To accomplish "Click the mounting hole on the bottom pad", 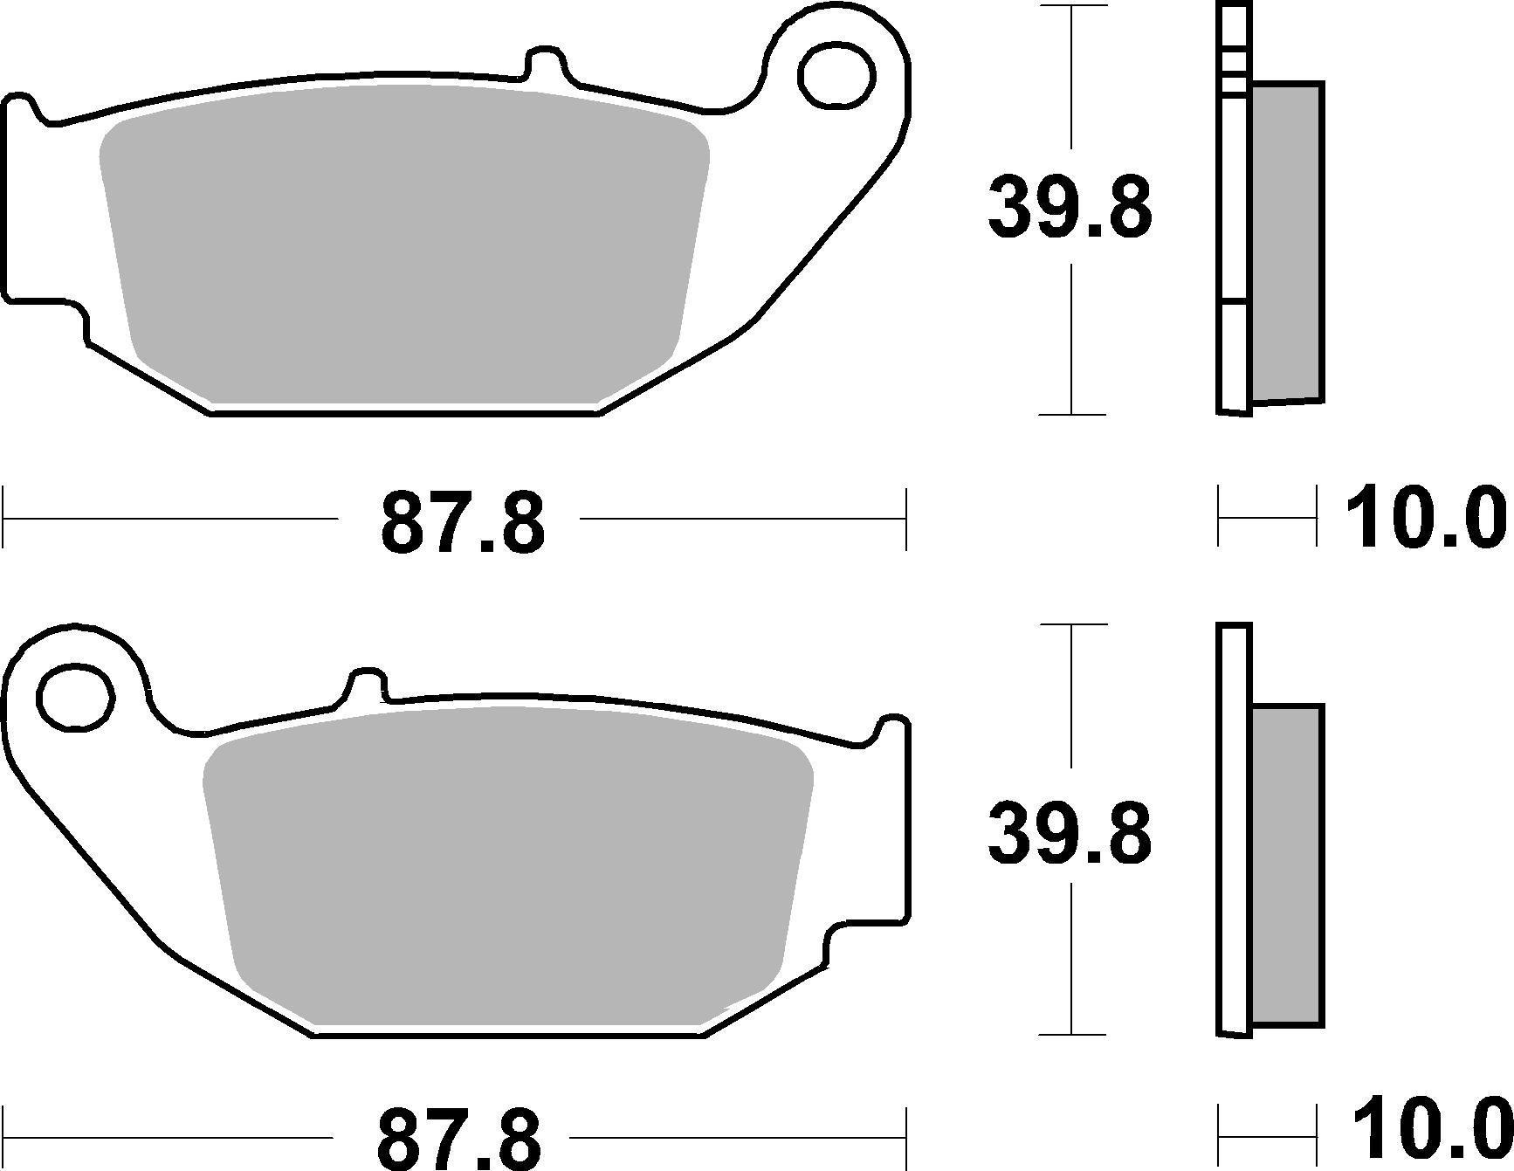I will pyautogui.click(x=76, y=697).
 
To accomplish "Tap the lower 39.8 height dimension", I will pyautogui.click(x=1070, y=835).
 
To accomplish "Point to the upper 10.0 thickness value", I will pyautogui.click(x=1425, y=520).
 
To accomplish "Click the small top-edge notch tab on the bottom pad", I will pyautogui.click(x=368, y=684).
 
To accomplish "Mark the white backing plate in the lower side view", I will pyautogui.click(x=1233, y=830).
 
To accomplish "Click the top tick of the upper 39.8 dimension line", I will pyautogui.click(x=1070, y=7).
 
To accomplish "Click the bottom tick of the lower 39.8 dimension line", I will pyautogui.click(x=1070, y=1035).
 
